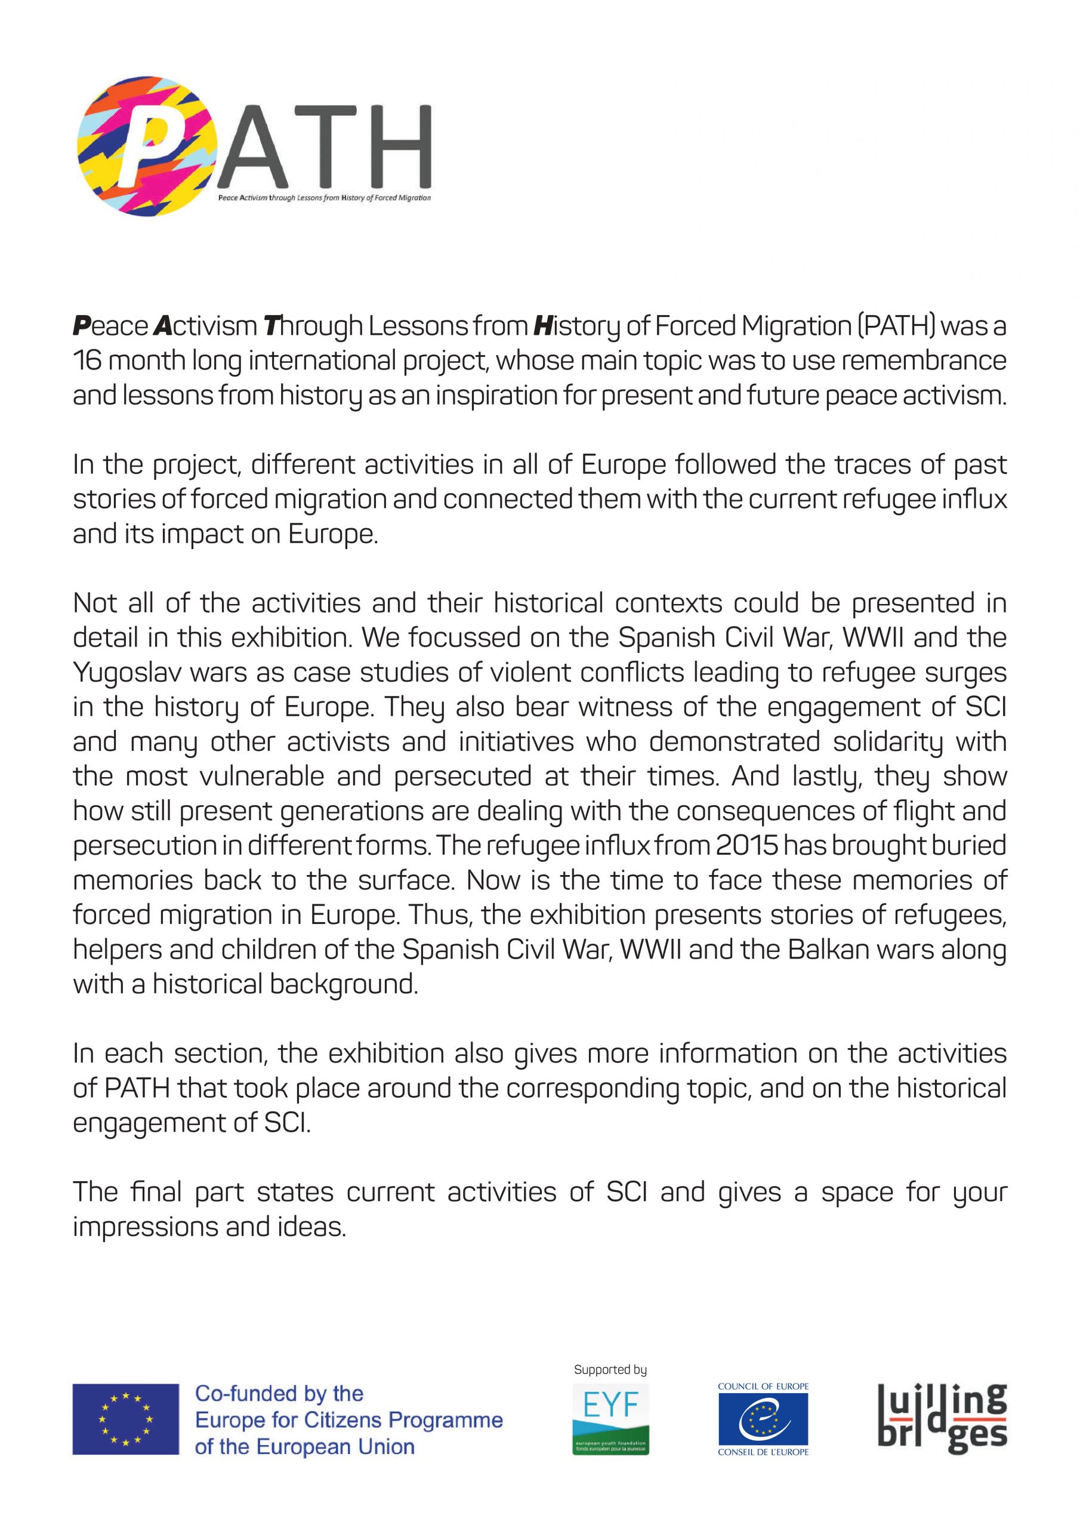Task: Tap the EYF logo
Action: (610, 1418)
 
